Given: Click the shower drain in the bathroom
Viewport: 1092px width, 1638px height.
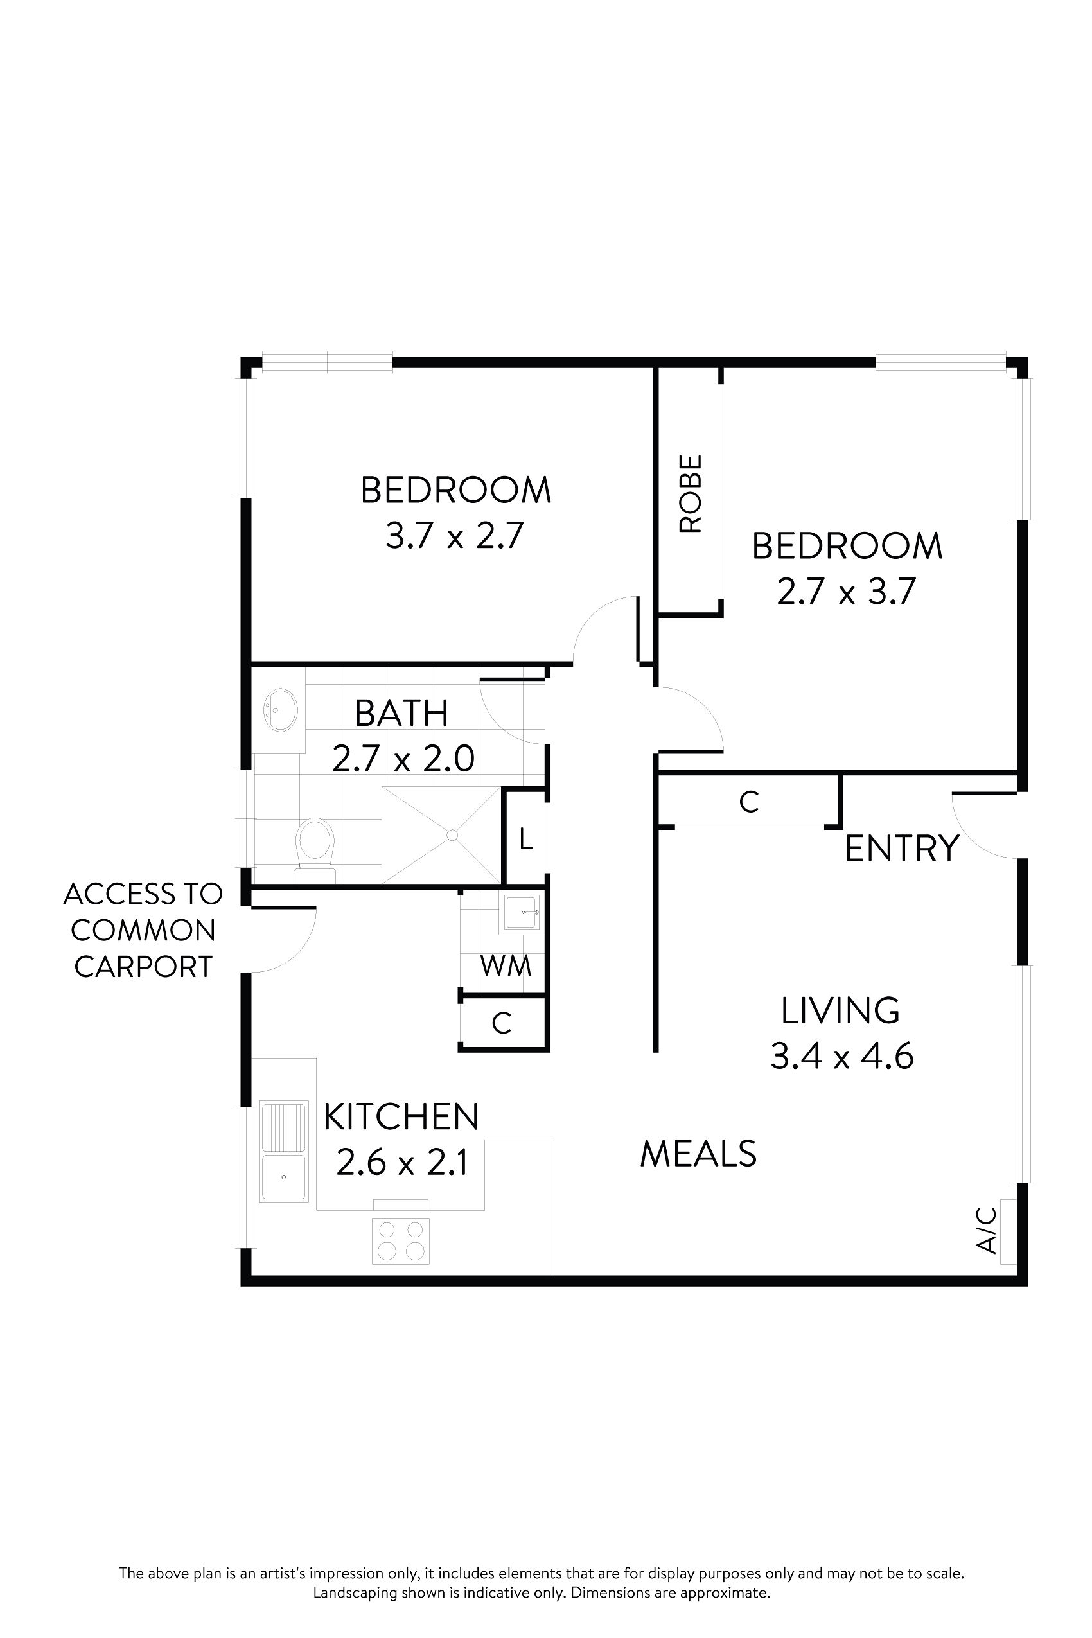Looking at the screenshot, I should coord(452,834).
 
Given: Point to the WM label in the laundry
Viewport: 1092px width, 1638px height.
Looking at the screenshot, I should coord(506,966).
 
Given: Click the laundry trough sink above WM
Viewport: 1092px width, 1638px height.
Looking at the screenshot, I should coord(521,912).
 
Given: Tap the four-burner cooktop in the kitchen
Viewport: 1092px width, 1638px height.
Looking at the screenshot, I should coord(400,1241).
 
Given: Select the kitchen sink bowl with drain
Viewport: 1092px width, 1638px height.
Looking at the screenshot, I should coord(283,1176).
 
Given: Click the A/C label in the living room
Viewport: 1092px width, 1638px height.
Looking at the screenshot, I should coord(987,1230).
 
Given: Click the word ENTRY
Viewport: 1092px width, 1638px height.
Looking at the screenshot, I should coord(901,849).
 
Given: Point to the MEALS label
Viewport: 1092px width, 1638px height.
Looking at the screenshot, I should coord(698,1153).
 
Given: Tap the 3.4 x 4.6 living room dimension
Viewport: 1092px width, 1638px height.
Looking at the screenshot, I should coord(841,1056).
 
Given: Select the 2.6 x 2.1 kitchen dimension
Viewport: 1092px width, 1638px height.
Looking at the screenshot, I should coord(401,1161).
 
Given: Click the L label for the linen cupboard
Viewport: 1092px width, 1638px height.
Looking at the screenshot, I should coord(526,840).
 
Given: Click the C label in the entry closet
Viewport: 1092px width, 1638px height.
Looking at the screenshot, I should coord(748,802).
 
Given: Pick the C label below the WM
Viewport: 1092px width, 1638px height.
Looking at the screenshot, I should coord(502,1023).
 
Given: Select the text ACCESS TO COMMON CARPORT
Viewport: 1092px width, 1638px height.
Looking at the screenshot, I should coord(143,929).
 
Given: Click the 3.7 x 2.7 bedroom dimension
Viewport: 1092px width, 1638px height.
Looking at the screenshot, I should coord(454,536).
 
